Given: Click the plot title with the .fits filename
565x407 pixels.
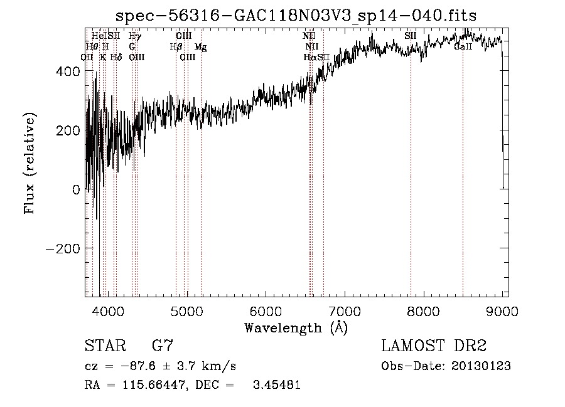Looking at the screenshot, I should pos(296,16).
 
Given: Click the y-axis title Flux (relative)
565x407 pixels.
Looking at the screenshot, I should pos(30,163).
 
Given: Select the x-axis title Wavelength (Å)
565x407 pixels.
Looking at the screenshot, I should pos(296,327).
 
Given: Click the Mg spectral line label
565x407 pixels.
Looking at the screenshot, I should pos(201,46).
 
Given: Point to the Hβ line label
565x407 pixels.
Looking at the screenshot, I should pos(176,46).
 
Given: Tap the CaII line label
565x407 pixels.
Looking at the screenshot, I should pos(463,46).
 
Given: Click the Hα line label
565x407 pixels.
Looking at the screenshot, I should pos(310,57).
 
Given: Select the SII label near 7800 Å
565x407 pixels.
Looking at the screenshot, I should pos(411,36).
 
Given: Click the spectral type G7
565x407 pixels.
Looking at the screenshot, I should pos(163,346).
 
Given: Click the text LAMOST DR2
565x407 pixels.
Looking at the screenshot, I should pos(434,346).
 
